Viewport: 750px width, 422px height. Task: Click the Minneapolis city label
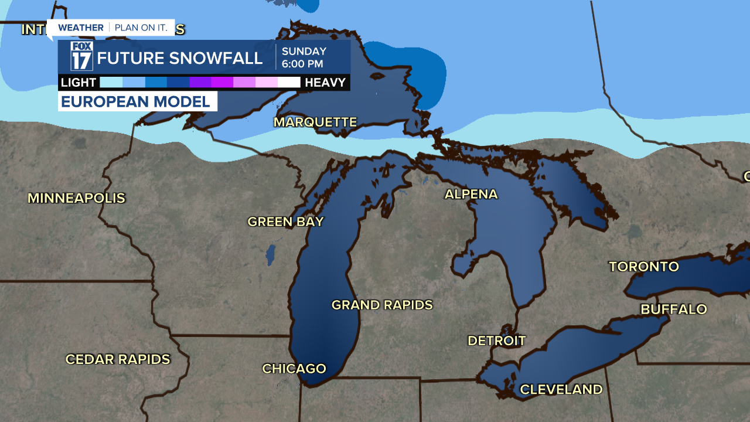pos(77,198)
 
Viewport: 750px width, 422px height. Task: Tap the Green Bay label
pos(285,222)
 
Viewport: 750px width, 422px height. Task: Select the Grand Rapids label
pos(382,305)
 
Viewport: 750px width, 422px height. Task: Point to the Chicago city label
pos(294,369)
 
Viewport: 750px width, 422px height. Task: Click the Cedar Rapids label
pos(118,359)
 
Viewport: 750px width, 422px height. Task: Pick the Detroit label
pos(496,341)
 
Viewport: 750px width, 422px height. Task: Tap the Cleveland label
pos(561,389)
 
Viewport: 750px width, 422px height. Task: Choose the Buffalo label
pos(674,309)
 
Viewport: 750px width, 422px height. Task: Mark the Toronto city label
pos(644,267)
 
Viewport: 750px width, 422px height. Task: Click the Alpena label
pos(471,194)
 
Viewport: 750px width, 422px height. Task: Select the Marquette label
pos(315,122)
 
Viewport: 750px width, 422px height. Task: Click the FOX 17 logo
pos(82,56)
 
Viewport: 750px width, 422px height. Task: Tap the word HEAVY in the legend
pos(325,83)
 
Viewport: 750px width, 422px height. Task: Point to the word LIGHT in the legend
pos(79,83)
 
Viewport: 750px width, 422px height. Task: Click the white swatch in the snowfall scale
pos(289,83)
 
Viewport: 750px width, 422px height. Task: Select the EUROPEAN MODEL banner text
pos(136,101)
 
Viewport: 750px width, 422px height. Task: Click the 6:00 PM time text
pos(303,63)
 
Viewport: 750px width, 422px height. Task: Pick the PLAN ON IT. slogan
pos(141,28)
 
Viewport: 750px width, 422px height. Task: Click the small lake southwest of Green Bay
pos(271,254)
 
